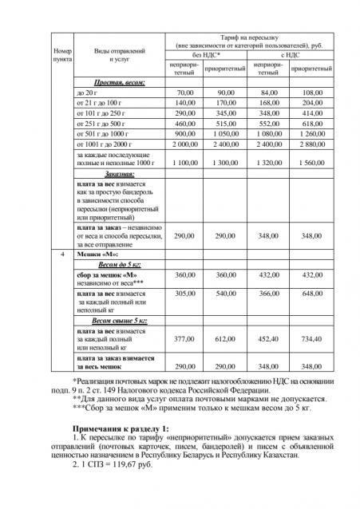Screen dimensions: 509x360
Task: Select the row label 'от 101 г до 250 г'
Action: (99, 114)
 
